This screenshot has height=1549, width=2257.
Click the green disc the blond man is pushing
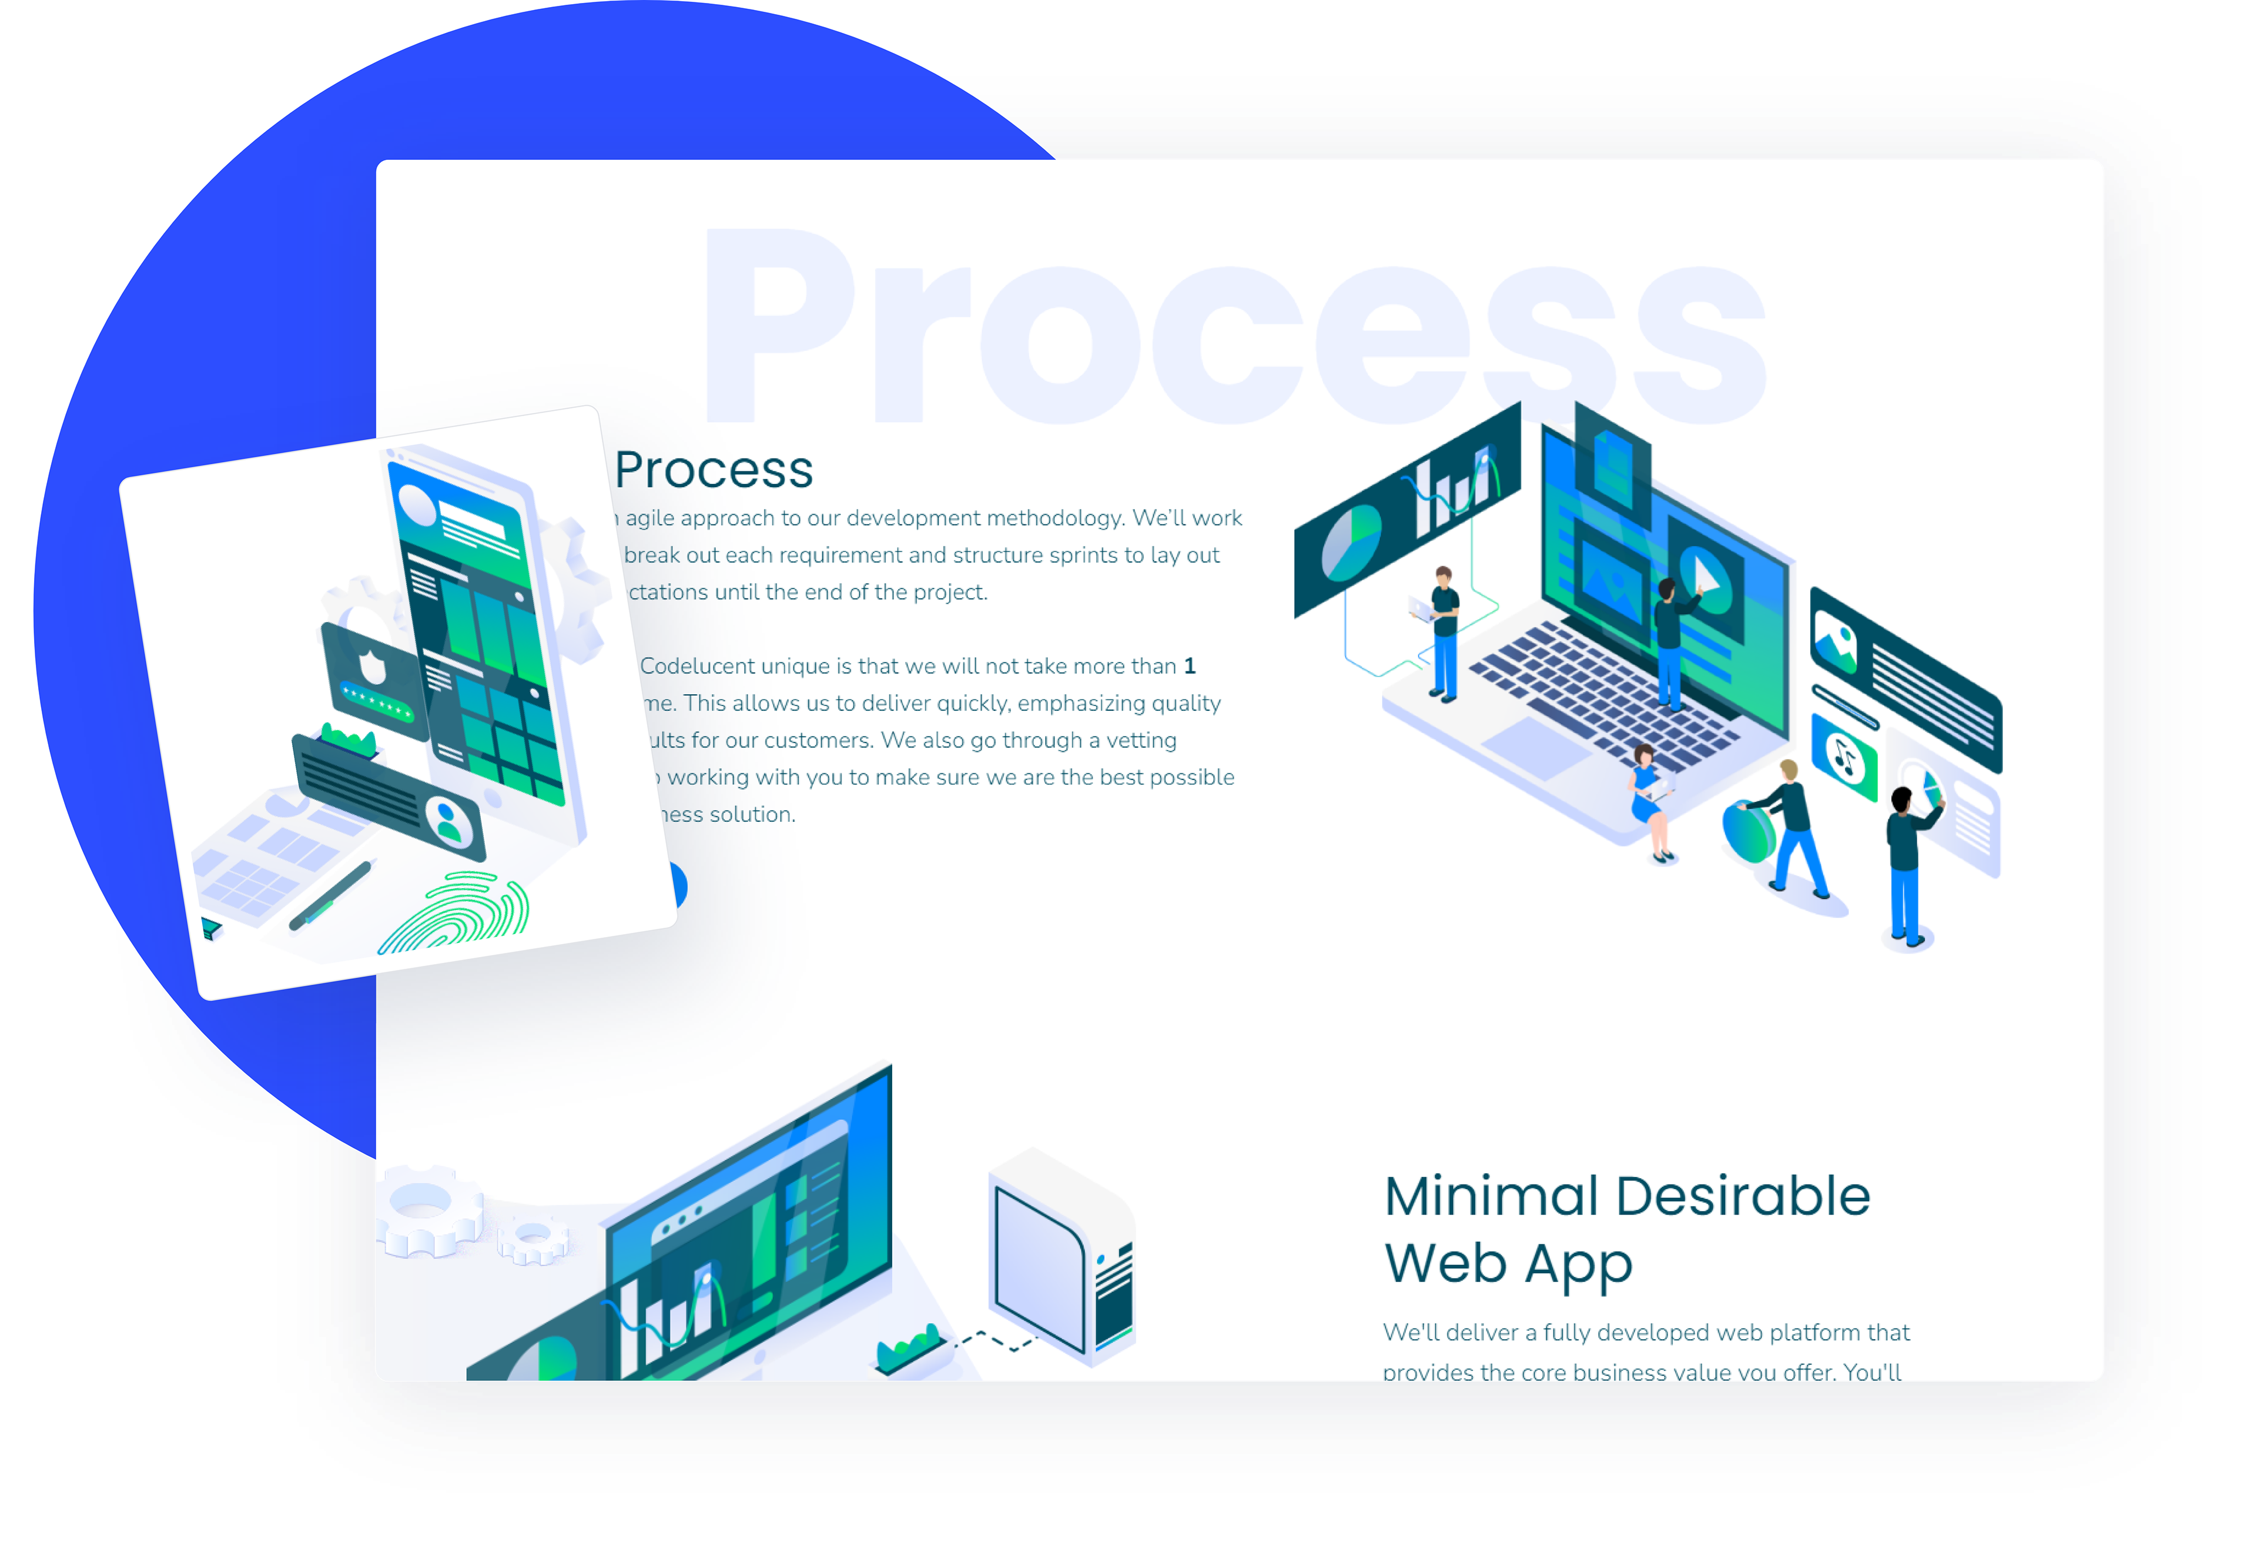click(x=1748, y=829)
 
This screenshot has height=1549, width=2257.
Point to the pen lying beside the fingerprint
click(x=331, y=895)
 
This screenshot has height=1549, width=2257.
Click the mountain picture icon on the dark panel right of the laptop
click(x=1834, y=643)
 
